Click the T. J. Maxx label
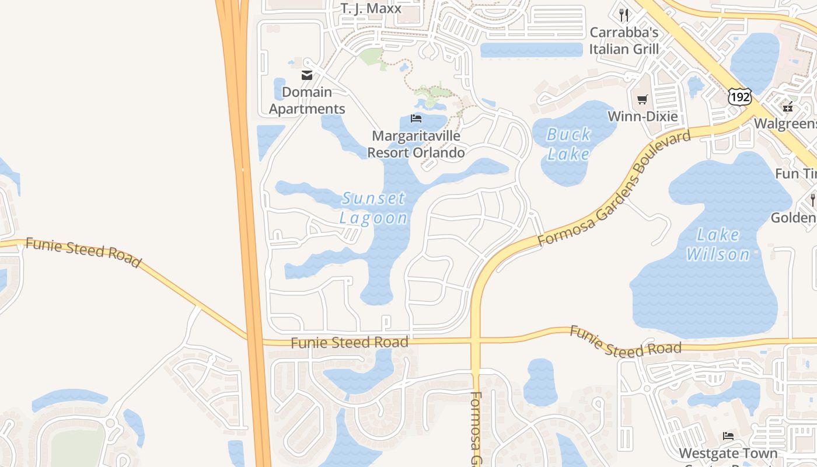point(371,8)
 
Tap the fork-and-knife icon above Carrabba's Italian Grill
point(624,15)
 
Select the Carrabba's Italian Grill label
point(624,41)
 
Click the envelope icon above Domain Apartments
point(306,75)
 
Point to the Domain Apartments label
point(307,100)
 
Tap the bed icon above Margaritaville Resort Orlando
point(416,119)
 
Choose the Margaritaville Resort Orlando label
point(416,144)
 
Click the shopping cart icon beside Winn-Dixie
point(642,100)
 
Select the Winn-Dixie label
point(643,116)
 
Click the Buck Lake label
point(569,144)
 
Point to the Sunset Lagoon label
point(373,208)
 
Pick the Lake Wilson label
point(718,245)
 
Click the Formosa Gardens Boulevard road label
point(614,188)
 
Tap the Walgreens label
point(785,124)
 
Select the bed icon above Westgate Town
point(728,436)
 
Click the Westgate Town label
point(728,453)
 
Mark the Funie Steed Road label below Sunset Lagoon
point(350,342)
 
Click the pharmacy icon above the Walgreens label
point(788,107)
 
